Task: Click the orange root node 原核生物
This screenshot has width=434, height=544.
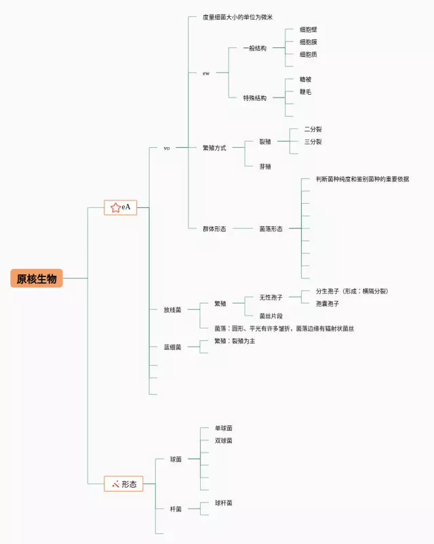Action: tap(37, 278)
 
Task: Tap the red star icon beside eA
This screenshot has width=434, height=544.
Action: tap(115, 207)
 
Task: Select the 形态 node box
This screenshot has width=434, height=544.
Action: tap(123, 484)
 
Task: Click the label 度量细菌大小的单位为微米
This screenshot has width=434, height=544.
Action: tap(237, 17)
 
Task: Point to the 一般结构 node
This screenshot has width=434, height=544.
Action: tap(255, 48)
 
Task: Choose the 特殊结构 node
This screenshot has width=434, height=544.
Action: tap(255, 98)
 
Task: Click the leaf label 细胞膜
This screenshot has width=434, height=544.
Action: tap(309, 42)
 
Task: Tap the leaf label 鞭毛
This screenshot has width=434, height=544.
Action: tap(306, 91)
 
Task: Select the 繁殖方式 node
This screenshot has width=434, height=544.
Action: tap(214, 147)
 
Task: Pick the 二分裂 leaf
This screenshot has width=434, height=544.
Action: tap(313, 129)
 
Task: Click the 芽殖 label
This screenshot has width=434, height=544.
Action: tap(265, 166)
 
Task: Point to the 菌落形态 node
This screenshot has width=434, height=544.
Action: tap(271, 229)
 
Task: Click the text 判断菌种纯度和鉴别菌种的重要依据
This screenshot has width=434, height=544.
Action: tap(362, 179)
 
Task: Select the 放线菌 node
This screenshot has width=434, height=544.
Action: tap(172, 310)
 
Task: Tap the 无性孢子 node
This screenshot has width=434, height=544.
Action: tap(271, 297)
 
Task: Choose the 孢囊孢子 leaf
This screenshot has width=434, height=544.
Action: tap(328, 304)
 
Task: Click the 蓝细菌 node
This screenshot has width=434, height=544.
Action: tap(172, 347)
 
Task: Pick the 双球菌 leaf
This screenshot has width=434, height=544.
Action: tap(224, 440)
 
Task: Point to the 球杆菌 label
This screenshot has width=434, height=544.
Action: tap(224, 503)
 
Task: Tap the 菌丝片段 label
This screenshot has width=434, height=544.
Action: tap(271, 316)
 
